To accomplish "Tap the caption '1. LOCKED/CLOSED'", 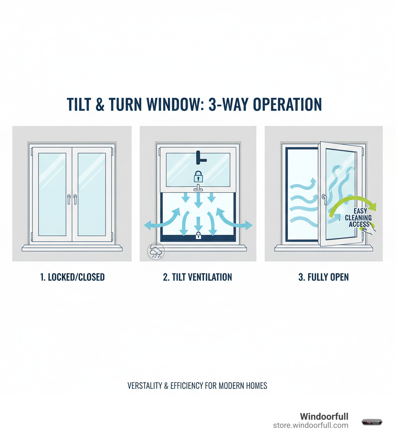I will coord(73,277).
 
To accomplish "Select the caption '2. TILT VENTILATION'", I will coord(197,277).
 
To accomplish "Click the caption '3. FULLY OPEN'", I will coord(323,277).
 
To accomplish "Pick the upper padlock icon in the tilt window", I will coord(198,177).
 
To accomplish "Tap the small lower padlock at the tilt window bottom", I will coord(198,235).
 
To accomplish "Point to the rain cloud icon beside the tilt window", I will coord(156,251).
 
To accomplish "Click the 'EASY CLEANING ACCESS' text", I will coord(358,218).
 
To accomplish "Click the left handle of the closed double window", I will coord(69,199).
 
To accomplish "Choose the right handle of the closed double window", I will coord(75,199).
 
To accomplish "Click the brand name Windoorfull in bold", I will coord(324,417).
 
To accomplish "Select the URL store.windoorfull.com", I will coord(311,426).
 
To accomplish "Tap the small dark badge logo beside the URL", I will coord(372,422).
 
